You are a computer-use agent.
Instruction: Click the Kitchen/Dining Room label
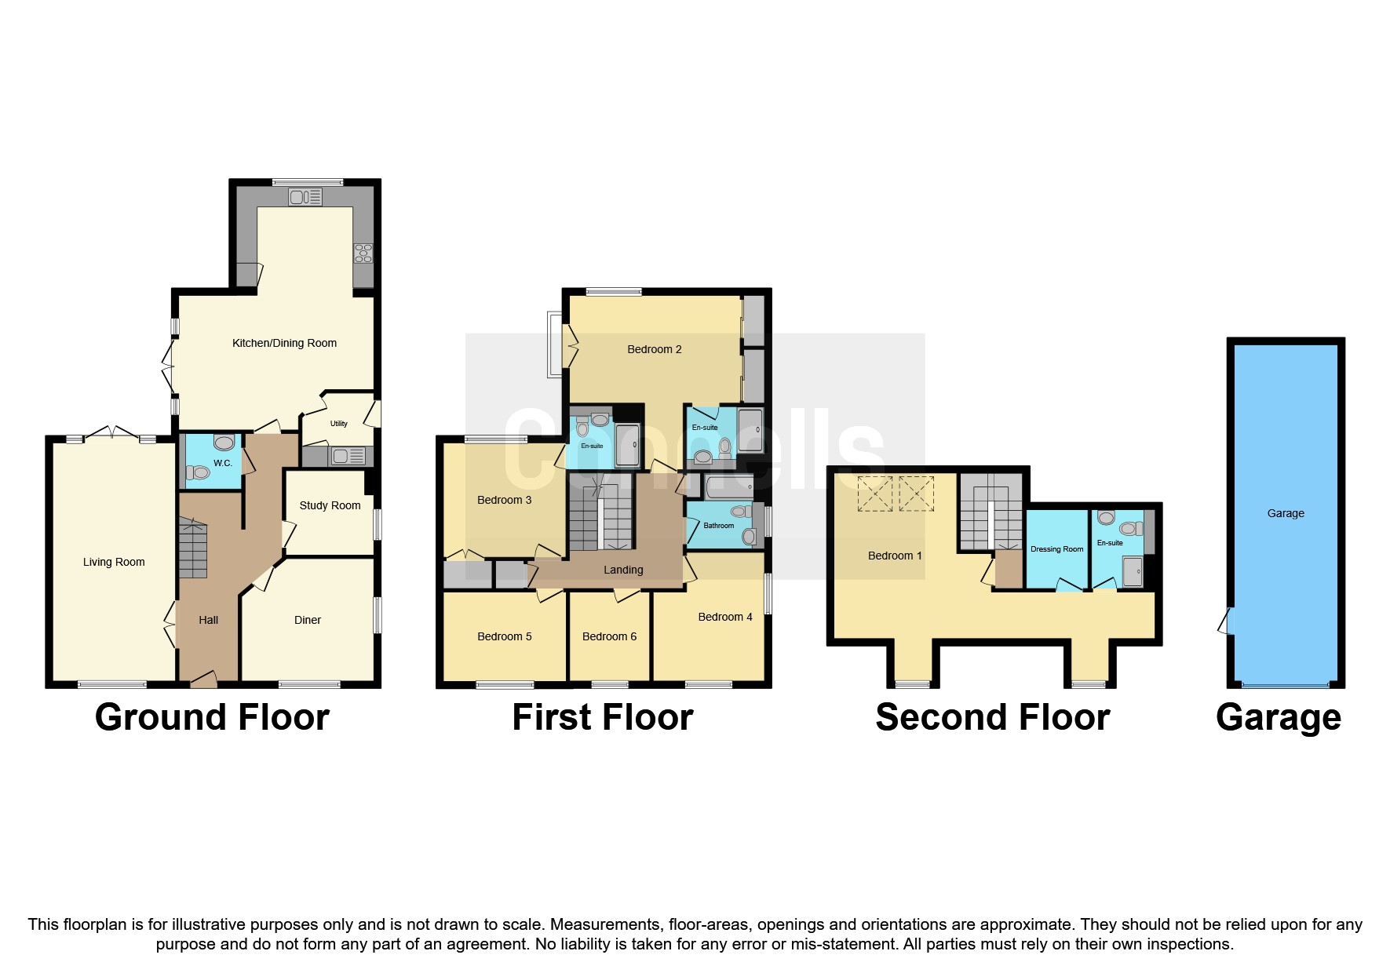click(x=284, y=343)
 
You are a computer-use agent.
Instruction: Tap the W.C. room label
click(x=223, y=463)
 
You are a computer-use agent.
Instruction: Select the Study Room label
click(x=330, y=505)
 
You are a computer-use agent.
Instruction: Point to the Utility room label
click(x=338, y=424)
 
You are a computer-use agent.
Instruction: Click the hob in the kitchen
click(x=363, y=253)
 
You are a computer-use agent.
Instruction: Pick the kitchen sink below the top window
click(x=305, y=198)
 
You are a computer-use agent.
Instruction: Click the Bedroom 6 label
click(x=609, y=636)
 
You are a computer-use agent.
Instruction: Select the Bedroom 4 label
click(x=725, y=617)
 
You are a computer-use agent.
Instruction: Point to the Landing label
click(x=623, y=570)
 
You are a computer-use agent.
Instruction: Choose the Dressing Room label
click(x=1056, y=549)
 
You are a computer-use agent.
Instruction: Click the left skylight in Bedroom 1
click(x=874, y=494)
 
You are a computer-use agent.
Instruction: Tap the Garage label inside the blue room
click(x=1286, y=513)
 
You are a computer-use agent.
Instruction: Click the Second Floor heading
click(x=992, y=717)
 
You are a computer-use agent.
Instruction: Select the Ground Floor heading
click(x=212, y=717)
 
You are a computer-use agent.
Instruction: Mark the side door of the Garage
click(x=1225, y=621)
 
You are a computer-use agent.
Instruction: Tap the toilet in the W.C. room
click(x=199, y=472)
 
